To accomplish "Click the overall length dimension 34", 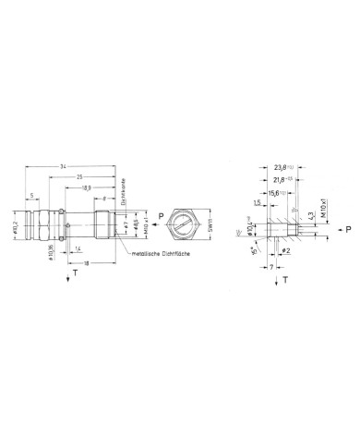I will point(62,165).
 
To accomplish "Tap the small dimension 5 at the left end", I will point(33,196).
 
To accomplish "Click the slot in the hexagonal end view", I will point(187,224).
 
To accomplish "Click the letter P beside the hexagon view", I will point(162,219).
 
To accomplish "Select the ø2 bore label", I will point(287,250).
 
